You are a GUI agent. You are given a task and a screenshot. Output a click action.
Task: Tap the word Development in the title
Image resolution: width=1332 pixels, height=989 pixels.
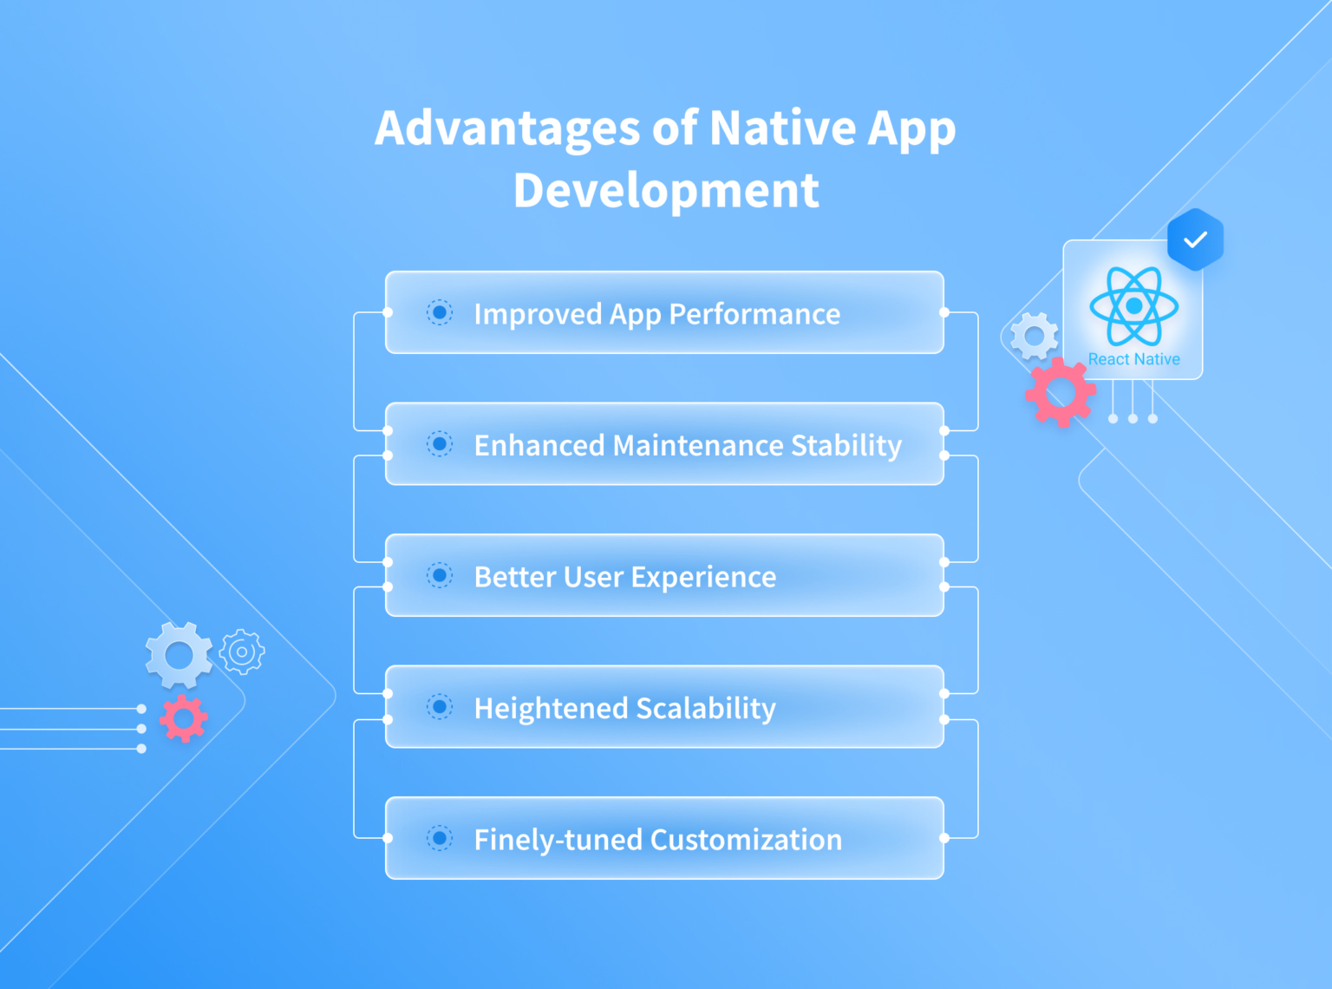tap(666, 191)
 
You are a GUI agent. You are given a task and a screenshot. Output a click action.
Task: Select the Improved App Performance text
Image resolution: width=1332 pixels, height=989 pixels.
tap(656, 314)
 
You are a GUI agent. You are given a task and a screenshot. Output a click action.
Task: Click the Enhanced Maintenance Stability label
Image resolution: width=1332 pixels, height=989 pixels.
tap(688, 445)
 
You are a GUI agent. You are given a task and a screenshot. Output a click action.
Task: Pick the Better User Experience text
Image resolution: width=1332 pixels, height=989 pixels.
tap(624, 577)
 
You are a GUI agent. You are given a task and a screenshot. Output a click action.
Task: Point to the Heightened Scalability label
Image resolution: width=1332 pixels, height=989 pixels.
tap(624, 708)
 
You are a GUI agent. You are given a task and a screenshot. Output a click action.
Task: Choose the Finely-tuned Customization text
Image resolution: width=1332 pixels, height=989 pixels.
tap(657, 840)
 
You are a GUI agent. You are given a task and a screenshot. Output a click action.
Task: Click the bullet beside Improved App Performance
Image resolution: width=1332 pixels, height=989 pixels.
tap(440, 312)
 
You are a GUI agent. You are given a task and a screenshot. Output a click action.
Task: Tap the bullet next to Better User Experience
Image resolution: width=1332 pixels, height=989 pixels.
tap(440, 575)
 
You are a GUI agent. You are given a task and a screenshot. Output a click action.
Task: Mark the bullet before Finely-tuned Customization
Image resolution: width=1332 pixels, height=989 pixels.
tap(440, 838)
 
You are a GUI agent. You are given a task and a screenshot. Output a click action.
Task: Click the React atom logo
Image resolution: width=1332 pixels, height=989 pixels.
tap(1133, 306)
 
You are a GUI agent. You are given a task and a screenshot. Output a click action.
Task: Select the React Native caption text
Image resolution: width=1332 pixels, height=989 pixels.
tap(1133, 359)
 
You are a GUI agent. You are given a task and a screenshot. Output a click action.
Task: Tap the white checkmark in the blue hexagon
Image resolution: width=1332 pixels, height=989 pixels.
tap(1195, 239)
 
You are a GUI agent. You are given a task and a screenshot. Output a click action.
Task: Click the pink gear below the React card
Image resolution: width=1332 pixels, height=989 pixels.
tap(1060, 393)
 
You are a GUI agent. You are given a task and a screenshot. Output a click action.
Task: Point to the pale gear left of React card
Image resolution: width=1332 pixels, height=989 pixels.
tap(1035, 336)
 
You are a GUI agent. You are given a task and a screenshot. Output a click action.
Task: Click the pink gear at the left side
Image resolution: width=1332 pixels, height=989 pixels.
tap(184, 718)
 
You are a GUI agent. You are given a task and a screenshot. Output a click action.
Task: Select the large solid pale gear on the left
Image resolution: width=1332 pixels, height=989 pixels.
tap(179, 655)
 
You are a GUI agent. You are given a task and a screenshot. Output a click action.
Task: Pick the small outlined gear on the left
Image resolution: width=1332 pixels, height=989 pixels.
tap(242, 652)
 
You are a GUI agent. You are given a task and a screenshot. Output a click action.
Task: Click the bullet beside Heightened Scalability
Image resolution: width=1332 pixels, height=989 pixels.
tap(440, 707)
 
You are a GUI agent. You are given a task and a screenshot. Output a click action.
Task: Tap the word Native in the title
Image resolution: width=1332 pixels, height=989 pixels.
tap(783, 128)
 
